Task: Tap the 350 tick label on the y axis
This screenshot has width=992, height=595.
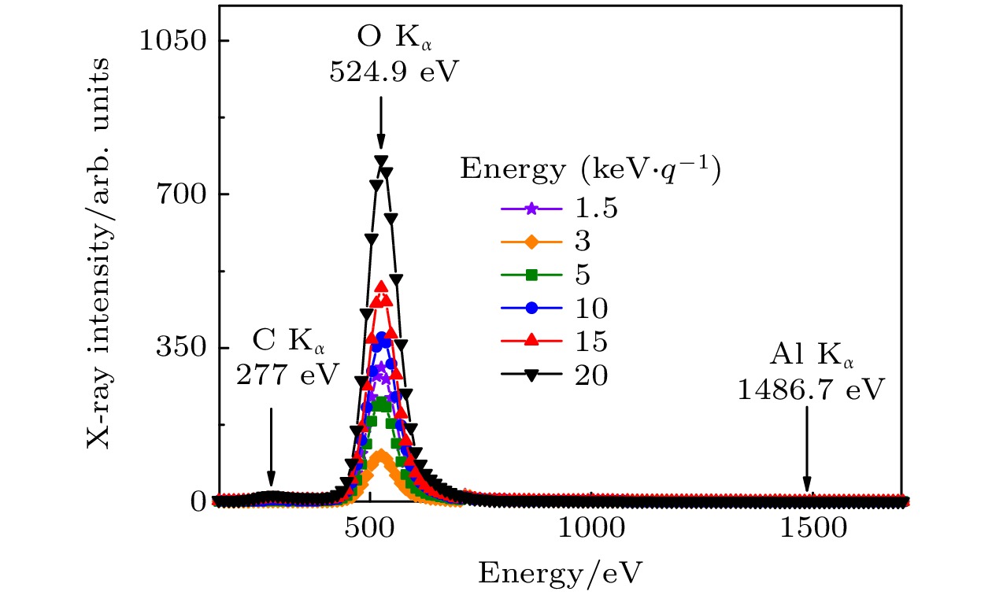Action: pyautogui.click(x=180, y=349)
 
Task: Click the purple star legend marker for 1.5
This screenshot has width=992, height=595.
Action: pyautogui.click(x=532, y=210)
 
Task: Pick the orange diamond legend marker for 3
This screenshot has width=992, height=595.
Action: pyautogui.click(x=532, y=243)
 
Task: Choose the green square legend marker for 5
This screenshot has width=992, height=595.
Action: pyautogui.click(x=532, y=275)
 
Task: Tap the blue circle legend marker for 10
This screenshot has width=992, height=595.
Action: pyautogui.click(x=532, y=309)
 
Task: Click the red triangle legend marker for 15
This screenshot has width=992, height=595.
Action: pyautogui.click(x=532, y=341)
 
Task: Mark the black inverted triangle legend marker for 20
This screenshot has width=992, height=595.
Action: pyautogui.click(x=532, y=375)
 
